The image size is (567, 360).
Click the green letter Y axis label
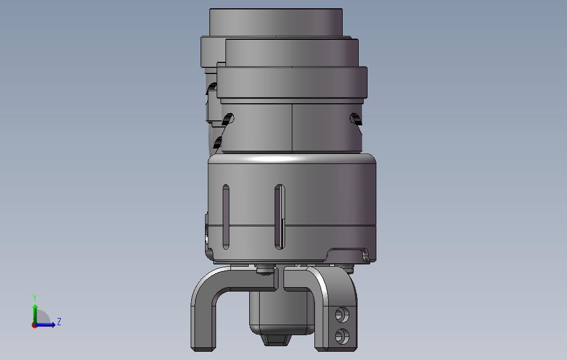click(35, 298)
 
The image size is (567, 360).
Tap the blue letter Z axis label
click(59, 321)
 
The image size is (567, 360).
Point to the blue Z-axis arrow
click(45, 325)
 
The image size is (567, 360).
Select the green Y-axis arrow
click(35, 314)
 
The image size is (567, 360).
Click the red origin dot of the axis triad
click(34, 326)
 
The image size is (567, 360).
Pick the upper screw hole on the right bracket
click(341, 315)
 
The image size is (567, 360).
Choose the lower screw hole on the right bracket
click(341, 336)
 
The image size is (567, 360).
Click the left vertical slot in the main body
click(225, 217)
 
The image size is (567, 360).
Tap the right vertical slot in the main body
click(280, 217)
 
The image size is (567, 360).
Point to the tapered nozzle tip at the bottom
click(276, 340)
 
